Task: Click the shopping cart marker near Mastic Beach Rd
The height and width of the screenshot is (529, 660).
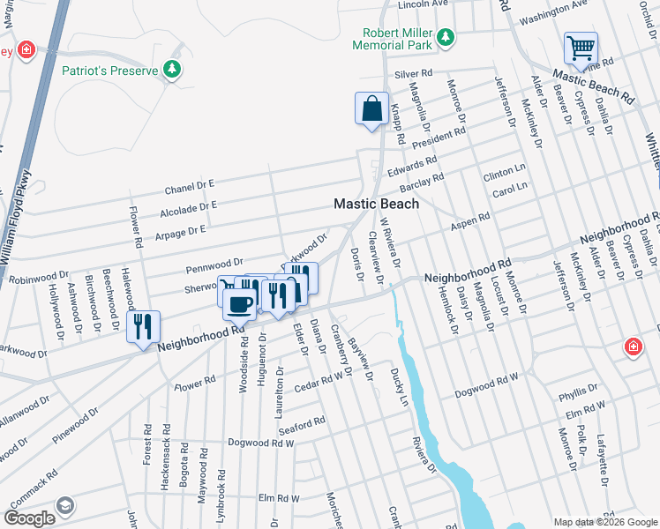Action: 581,48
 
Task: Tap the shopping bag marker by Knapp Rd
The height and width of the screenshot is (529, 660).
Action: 371,108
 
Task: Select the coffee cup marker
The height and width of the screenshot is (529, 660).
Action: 239,304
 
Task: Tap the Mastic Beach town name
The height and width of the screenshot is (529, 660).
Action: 376,204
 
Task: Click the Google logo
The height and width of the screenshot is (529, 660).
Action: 30,518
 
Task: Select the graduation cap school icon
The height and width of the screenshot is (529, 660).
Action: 64,505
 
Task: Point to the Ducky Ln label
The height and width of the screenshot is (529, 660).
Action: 398,384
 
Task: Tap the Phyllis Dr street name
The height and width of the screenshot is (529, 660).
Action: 578,388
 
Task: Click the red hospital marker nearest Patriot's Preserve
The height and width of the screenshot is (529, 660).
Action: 26,48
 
